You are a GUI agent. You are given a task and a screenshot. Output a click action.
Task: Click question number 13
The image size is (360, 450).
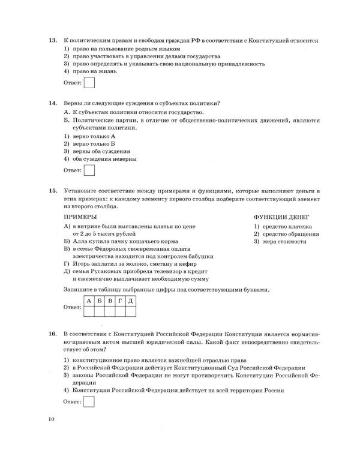coord(52,40)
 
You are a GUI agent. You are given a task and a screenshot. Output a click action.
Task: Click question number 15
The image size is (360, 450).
coord(52,190)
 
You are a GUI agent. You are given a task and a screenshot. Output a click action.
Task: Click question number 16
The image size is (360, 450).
coord(52,332)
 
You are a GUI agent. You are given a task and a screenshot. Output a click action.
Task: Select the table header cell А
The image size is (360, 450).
coord(88,300)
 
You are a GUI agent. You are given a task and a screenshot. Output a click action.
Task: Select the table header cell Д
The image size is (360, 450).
coord(130,300)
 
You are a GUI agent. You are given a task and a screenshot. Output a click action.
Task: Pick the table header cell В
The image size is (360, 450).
coord(109,300)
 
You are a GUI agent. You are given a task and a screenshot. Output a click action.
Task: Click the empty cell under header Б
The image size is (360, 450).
coord(99,311)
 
